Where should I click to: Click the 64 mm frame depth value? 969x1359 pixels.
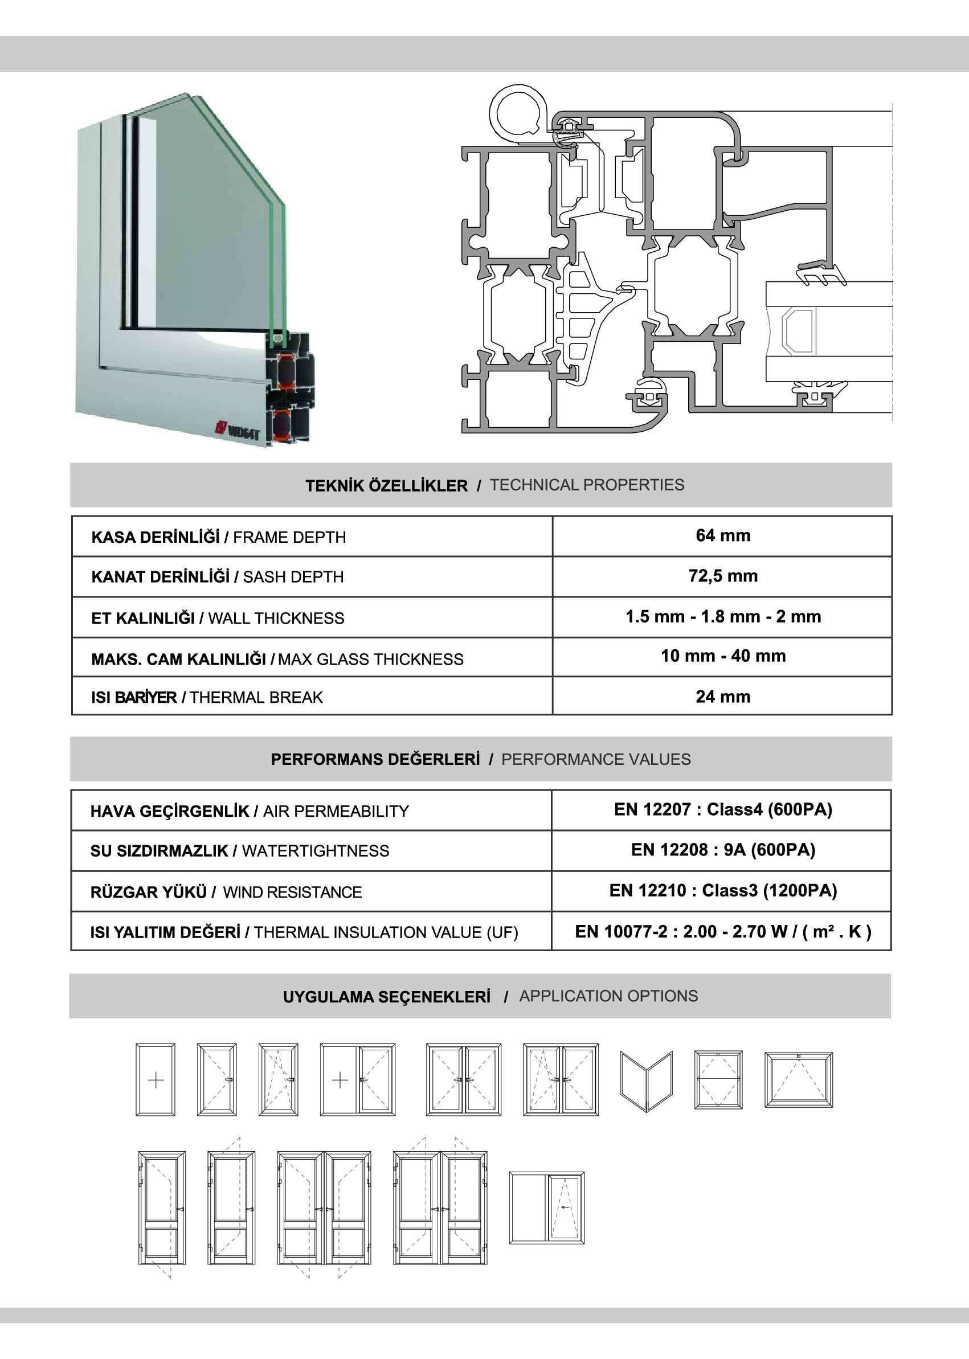[x=722, y=535]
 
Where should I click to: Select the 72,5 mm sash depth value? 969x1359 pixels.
[x=722, y=576]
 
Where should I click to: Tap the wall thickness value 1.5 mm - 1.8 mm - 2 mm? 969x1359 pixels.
[x=722, y=616]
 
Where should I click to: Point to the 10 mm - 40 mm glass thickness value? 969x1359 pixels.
[x=722, y=656]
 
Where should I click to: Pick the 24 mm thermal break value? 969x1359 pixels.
[x=722, y=696]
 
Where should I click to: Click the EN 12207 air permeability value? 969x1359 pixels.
[x=722, y=809]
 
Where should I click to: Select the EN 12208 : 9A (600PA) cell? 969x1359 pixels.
[x=722, y=850]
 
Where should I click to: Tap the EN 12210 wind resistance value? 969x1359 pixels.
[x=722, y=890]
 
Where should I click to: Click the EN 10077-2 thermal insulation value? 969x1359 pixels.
[x=722, y=931]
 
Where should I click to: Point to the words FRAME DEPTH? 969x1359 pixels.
[x=289, y=537]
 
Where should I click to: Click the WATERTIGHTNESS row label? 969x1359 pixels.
[x=315, y=851]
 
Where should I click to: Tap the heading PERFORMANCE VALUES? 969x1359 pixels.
[x=595, y=759]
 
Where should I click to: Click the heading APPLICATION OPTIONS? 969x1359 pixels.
[x=608, y=996]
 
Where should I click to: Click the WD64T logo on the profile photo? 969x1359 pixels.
[x=239, y=429]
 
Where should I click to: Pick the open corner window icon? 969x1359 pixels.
[x=646, y=1080]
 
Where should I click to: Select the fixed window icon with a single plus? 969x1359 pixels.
[x=155, y=1080]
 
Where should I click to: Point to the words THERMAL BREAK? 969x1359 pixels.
[x=255, y=697]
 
